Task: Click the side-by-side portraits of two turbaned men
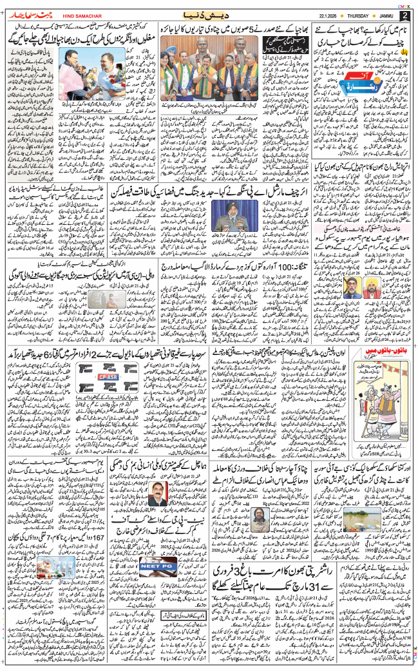pyautogui.click(x=368, y=278)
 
